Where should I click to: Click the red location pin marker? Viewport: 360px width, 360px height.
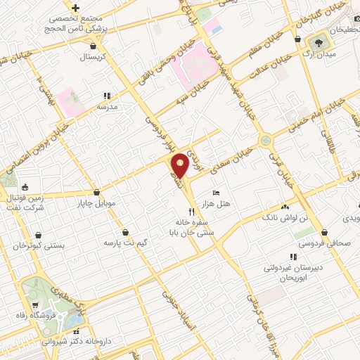coord(180,165)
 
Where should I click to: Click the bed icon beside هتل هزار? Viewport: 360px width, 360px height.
coord(216,192)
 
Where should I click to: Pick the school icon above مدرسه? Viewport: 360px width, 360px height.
coord(107,96)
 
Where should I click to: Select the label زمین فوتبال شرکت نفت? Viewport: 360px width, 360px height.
coord(29,203)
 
